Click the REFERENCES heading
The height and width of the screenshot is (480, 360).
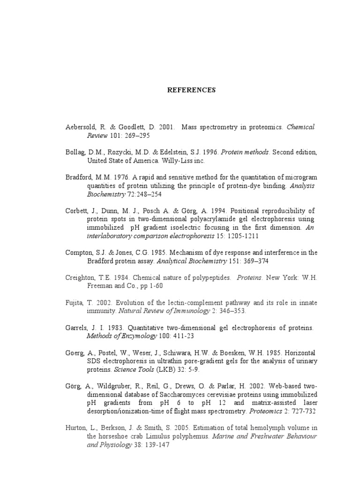point(191,90)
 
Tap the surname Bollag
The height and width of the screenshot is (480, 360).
point(76,152)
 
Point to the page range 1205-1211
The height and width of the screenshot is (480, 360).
point(240,237)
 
